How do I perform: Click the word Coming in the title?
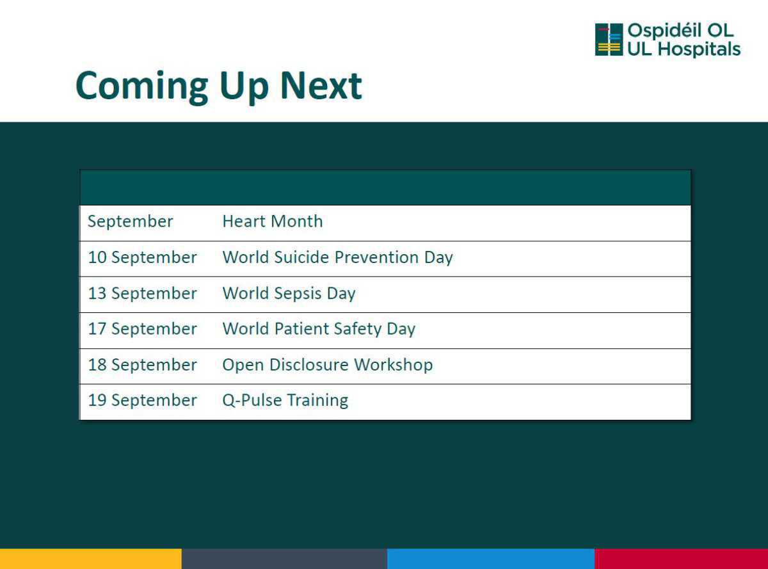click(x=141, y=86)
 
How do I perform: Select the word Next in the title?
click(x=321, y=85)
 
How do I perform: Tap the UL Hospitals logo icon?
click(x=609, y=40)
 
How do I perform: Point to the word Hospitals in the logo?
click(x=699, y=49)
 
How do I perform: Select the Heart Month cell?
click(x=273, y=221)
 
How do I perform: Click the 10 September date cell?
click(x=142, y=257)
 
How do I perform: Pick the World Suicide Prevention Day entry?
click(x=338, y=258)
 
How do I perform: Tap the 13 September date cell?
click(x=142, y=293)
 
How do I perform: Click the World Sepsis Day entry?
click(x=289, y=294)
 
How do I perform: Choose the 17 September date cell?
click(x=142, y=329)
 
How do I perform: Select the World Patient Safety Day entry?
click(x=319, y=329)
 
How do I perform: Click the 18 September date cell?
click(x=142, y=365)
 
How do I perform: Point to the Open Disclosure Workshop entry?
click(x=328, y=365)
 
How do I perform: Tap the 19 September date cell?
click(x=142, y=400)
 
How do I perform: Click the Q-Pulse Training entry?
click(x=285, y=401)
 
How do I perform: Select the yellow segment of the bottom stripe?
click(x=91, y=559)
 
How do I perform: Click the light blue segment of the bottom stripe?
click(x=491, y=559)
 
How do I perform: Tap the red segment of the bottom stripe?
click(x=681, y=559)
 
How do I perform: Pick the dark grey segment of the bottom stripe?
click(x=284, y=559)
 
